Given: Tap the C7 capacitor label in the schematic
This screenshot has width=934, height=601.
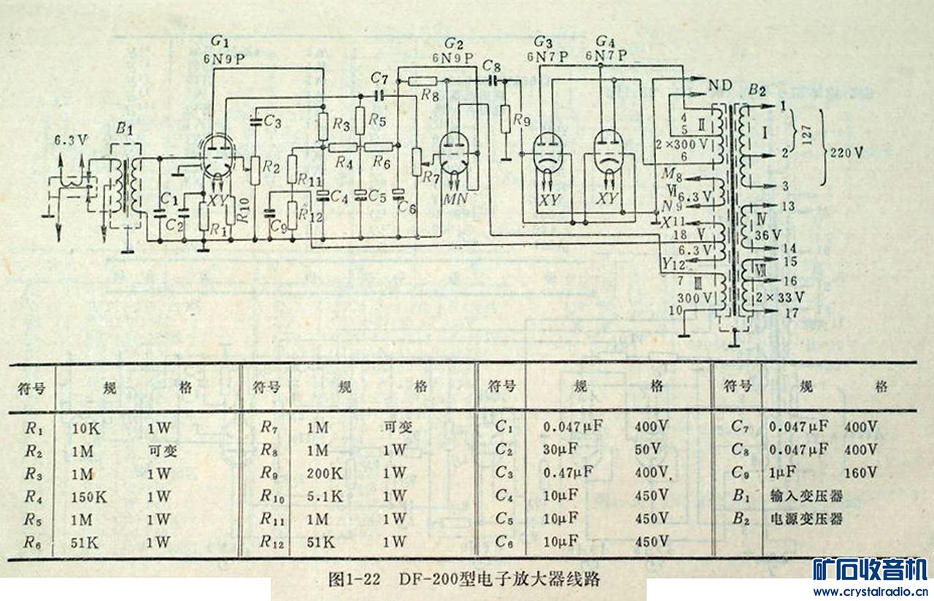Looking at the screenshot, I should (x=378, y=77).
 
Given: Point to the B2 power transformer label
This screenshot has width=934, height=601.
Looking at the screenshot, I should (x=757, y=92).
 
